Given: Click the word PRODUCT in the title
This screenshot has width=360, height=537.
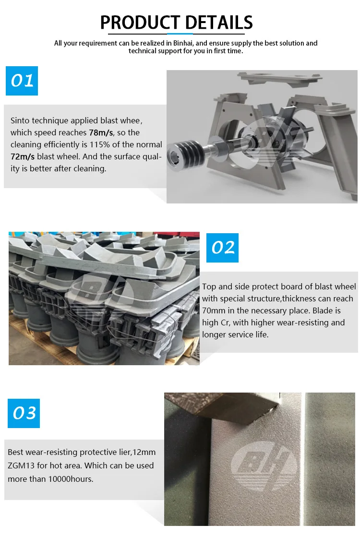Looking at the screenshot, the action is pos(140,23).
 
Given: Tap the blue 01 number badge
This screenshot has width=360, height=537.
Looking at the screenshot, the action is pos(22,81).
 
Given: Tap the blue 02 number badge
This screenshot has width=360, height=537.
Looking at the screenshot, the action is pos(222,248).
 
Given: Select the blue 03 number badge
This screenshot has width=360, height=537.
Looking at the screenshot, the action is pos(24,413).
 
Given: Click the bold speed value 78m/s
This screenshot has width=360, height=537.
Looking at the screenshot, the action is pos(101,132).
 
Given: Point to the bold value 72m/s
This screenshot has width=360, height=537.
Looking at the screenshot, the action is pos(23,156).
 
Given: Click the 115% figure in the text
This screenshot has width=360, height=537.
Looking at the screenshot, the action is pos(100,144).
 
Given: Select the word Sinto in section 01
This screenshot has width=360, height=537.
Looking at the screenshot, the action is pos(20,120).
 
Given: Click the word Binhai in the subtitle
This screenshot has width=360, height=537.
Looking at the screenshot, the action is pos(183,43).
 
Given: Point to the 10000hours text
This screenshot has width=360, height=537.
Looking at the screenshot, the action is pos(71,479).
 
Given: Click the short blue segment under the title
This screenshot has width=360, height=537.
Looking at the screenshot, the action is pos(180,34).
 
